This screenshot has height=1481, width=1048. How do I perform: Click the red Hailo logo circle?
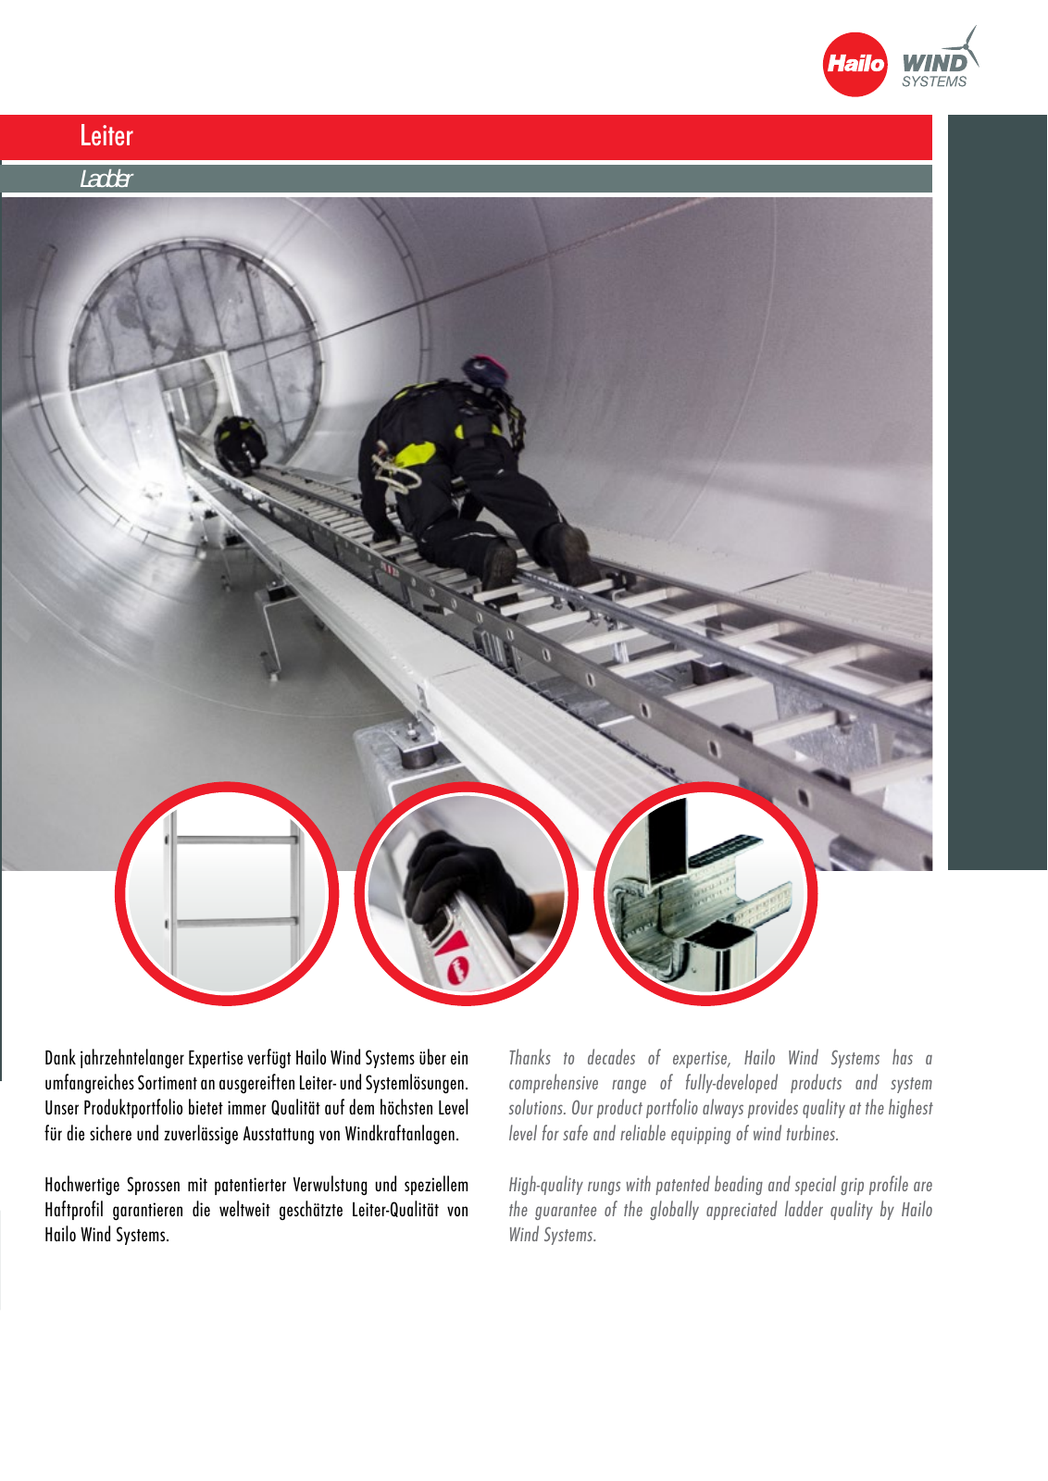855,64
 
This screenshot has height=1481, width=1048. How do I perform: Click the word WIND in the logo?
934,64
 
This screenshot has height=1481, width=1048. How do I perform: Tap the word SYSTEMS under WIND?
933,81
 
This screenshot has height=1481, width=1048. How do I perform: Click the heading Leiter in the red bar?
106,135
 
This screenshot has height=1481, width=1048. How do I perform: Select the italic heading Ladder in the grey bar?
106,179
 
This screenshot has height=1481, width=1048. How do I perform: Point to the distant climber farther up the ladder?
240,444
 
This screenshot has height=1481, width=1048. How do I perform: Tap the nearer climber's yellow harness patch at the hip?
415,454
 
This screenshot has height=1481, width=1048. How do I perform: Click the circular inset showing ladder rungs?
227,893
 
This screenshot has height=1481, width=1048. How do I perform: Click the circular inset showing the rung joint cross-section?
705,893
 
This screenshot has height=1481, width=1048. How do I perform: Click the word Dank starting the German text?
60,1058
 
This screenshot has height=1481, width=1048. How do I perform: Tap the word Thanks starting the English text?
529,1058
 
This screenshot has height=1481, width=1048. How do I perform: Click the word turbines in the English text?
812,1134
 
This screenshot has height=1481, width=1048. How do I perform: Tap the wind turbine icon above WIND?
964,46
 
